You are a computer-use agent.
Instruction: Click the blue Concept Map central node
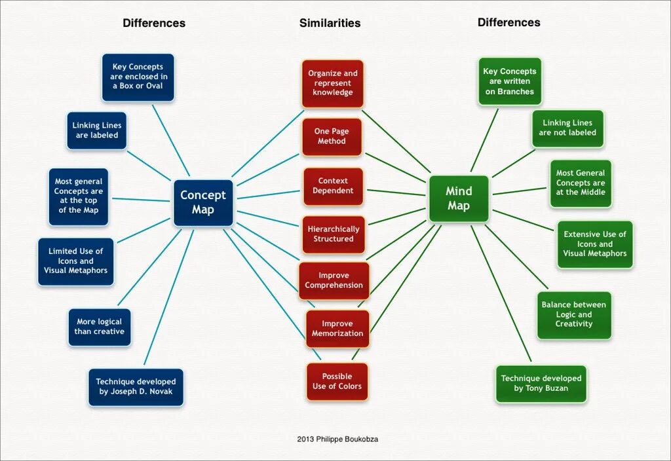[203, 203]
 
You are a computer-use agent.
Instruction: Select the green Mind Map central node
[459, 198]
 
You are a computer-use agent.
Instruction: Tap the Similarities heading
[330, 23]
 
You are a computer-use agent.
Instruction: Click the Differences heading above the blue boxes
[154, 23]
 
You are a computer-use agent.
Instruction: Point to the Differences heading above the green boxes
[508, 22]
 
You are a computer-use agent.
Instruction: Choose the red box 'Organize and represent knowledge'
[332, 83]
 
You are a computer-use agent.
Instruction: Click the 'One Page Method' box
[332, 136]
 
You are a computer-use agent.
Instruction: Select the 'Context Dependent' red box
[333, 186]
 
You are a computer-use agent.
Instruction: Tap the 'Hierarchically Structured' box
[334, 234]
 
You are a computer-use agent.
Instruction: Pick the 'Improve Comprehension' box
[334, 280]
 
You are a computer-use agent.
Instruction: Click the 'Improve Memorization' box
[337, 329]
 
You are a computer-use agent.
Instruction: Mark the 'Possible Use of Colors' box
[337, 382]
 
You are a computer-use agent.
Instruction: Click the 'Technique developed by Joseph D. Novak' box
[136, 387]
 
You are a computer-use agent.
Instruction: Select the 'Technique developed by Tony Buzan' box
[541, 384]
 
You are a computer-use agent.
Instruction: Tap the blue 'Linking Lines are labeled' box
[97, 130]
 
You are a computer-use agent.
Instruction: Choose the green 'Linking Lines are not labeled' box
[567, 128]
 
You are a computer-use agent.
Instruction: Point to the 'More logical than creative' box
[99, 327]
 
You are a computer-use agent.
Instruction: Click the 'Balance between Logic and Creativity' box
[573, 315]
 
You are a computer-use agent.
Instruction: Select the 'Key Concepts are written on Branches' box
[509, 82]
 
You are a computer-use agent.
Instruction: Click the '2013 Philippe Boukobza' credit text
[337, 439]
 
